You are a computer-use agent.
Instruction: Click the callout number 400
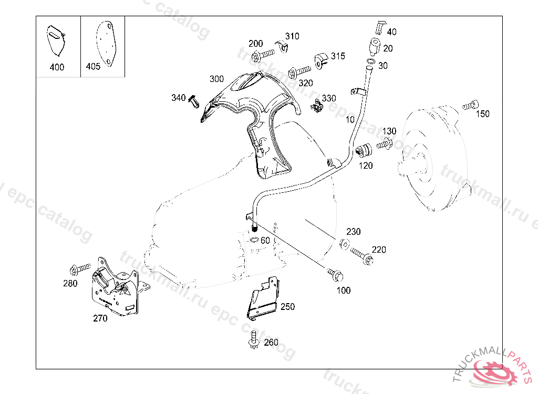point(57,67)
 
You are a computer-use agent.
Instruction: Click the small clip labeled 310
point(284,48)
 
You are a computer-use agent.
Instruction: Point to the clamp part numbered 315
point(320,60)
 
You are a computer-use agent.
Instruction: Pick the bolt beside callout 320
point(299,70)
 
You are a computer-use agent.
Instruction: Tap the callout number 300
point(216,79)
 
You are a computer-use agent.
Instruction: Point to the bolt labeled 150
point(470,106)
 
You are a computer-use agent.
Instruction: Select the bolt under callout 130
point(385,143)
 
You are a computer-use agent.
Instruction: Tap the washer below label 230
point(345,244)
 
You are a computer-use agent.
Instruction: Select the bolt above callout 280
point(79,269)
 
